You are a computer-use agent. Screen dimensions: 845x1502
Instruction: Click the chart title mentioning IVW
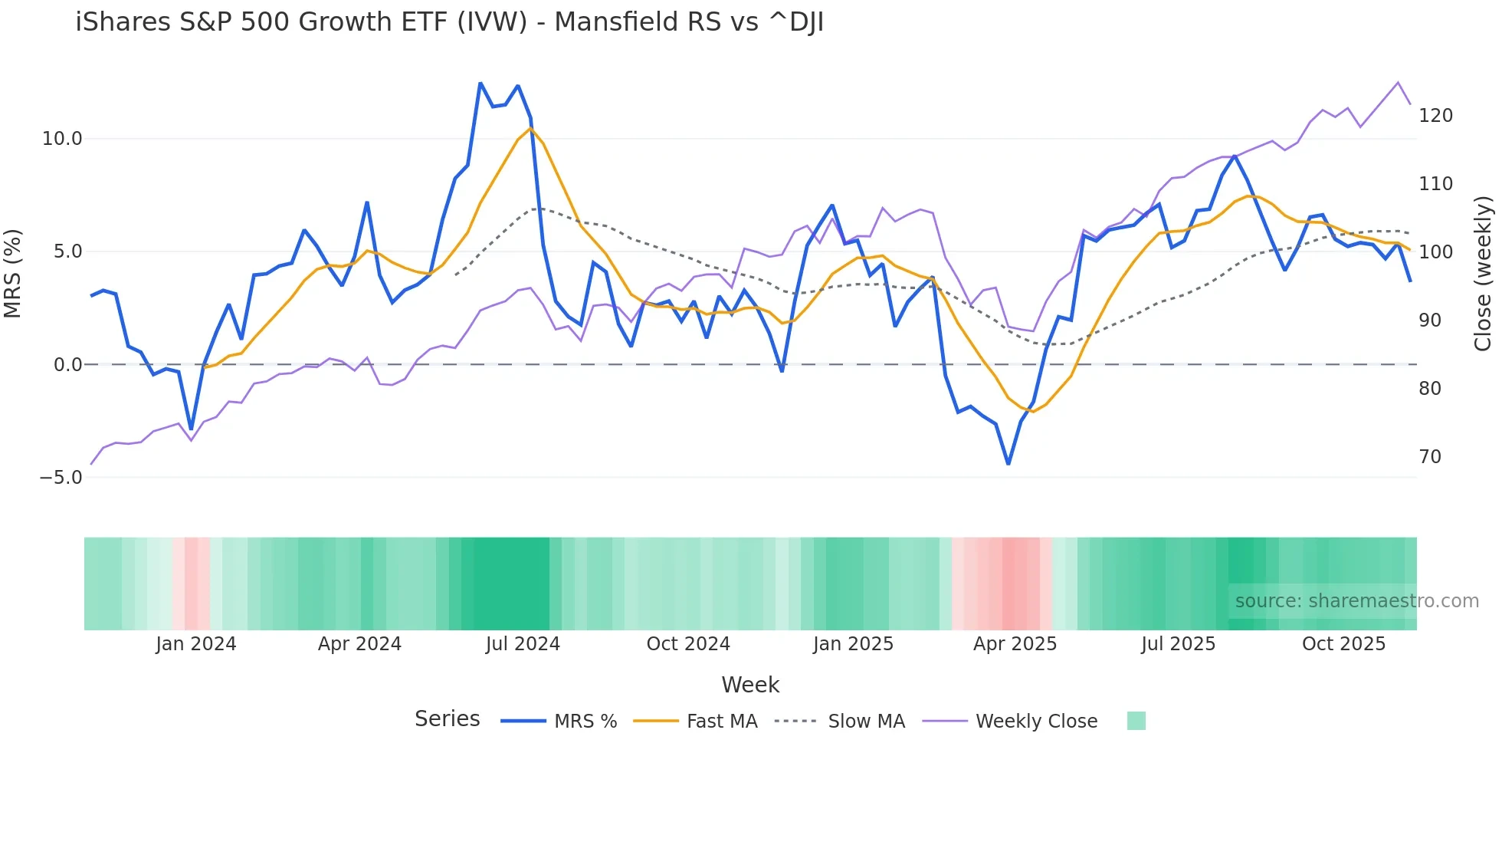(x=449, y=22)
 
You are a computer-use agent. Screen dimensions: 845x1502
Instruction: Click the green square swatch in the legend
(x=1136, y=721)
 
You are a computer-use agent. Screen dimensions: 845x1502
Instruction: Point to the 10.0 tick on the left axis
(x=61, y=139)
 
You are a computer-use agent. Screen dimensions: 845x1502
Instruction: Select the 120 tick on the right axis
(x=1435, y=116)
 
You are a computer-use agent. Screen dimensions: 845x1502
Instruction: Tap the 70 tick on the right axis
(x=1430, y=457)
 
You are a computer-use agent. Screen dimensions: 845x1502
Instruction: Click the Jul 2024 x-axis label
(x=523, y=644)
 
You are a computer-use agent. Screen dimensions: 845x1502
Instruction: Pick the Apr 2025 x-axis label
(x=1015, y=644)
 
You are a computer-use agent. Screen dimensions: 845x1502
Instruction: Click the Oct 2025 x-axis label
(x=1343, y=644)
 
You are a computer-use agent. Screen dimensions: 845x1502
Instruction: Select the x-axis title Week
(x=750, y=685)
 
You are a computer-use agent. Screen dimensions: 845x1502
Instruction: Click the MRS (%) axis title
(x=12, y=273)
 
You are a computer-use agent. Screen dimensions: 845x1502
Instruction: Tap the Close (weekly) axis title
(x=1484, y=274)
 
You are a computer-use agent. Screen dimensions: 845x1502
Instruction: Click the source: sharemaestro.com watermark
(x=1356, y=601)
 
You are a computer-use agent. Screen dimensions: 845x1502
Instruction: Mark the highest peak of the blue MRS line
(x=480, y=83)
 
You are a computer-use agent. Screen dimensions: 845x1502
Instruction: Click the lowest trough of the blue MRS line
(x=1008, y=464)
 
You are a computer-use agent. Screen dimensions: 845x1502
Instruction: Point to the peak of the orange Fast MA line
(x=530, y=128)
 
